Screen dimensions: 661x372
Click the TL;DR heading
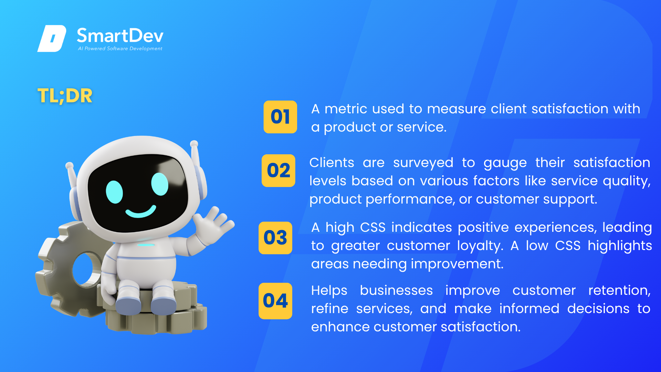tap(65, 95)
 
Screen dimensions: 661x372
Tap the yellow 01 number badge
tap(280, 117)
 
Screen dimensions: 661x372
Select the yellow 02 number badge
tap(279, 170)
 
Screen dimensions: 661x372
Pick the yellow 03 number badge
tap(275, 238)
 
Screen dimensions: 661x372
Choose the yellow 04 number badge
tap(275, 301)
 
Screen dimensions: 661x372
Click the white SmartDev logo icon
tap(52, 38)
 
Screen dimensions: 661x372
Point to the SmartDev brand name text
tap(120, 35)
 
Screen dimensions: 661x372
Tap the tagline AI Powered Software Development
tap(120, 49)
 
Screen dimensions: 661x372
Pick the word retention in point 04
tap(619, 291)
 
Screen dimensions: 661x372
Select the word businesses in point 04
tap(396, 290)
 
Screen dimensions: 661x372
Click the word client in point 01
tap(508, 109)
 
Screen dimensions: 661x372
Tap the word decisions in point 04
tap(598, 309)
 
